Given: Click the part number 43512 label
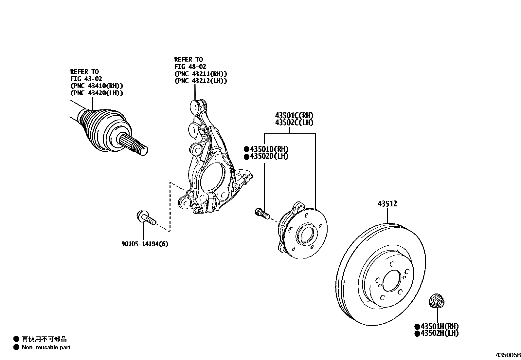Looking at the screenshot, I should point(387,204).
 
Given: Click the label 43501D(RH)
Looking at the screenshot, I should point(269,149).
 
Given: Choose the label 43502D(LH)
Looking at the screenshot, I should point(269,156).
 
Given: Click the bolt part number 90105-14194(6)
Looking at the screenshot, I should point(145,244).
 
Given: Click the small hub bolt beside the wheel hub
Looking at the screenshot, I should point(261,213).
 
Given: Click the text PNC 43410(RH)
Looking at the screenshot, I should point(97,86).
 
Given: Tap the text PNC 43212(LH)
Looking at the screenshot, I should point(201,81).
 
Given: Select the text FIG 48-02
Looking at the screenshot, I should point(190,66).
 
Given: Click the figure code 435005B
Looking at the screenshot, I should point(508,355).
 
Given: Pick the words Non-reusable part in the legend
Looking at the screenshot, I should point(46,347).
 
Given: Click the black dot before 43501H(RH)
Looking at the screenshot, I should point(417,327).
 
